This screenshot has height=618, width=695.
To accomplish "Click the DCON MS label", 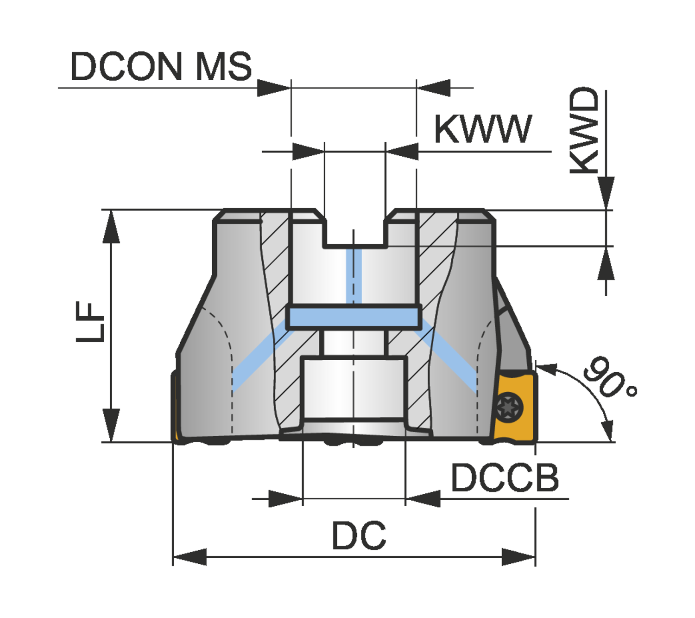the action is click(161, 67).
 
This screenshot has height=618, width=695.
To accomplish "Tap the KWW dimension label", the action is click(483, 129).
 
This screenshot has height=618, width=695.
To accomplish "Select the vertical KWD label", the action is click(584, 130).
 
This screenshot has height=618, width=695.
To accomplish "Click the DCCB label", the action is click(505, 478).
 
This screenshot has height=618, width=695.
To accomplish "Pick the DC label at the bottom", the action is click(359, 535).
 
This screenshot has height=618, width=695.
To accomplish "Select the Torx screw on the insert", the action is click(509, 408).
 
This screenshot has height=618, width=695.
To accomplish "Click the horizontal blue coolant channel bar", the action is click(354, 317).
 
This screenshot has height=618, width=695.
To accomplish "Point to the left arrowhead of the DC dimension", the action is click(190, 557).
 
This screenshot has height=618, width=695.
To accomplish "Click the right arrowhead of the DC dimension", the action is click(518, 557).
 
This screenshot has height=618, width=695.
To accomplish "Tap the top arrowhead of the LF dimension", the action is click(111, 227).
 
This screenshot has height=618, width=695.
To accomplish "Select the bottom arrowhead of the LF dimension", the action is click(111, 425).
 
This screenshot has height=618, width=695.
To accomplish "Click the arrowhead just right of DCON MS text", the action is click(274, 88).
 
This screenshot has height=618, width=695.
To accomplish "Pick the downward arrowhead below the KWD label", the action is click(606, 193).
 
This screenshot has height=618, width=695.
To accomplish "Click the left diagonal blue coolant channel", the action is click(259, 355).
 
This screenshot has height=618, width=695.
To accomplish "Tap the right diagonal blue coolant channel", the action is click(445, 356).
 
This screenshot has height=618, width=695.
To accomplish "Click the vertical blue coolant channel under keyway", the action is click(354, 276).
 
